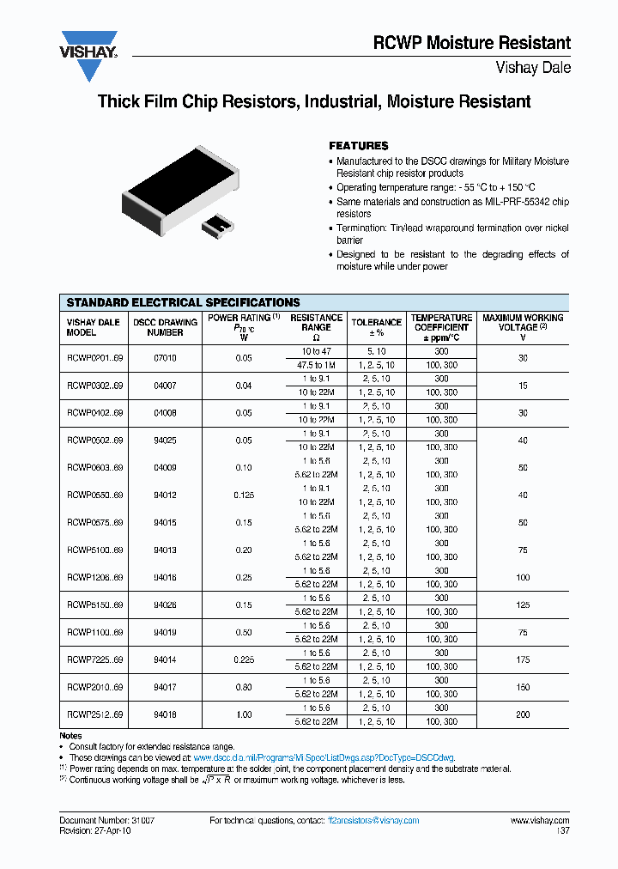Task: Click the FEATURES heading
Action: (x=359, y=146)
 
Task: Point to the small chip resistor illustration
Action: (x=217, y=227)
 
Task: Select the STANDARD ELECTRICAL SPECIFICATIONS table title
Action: (x=183, y=302)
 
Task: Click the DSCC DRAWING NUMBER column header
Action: (x=165, y=327)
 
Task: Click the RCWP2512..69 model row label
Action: (x=94, y=714)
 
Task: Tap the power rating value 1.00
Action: (x=245, y=714)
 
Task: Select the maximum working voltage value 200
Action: (x=523, y=714)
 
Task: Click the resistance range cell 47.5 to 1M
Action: (x=316, y=365)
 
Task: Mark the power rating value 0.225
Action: (x=245, y=659)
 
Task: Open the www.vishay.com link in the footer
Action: (x=540, y=821)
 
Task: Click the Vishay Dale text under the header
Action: (x=533, y=68)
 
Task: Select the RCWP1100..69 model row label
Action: (x=94, y=632)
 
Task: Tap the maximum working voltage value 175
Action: (x=523, y=659)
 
